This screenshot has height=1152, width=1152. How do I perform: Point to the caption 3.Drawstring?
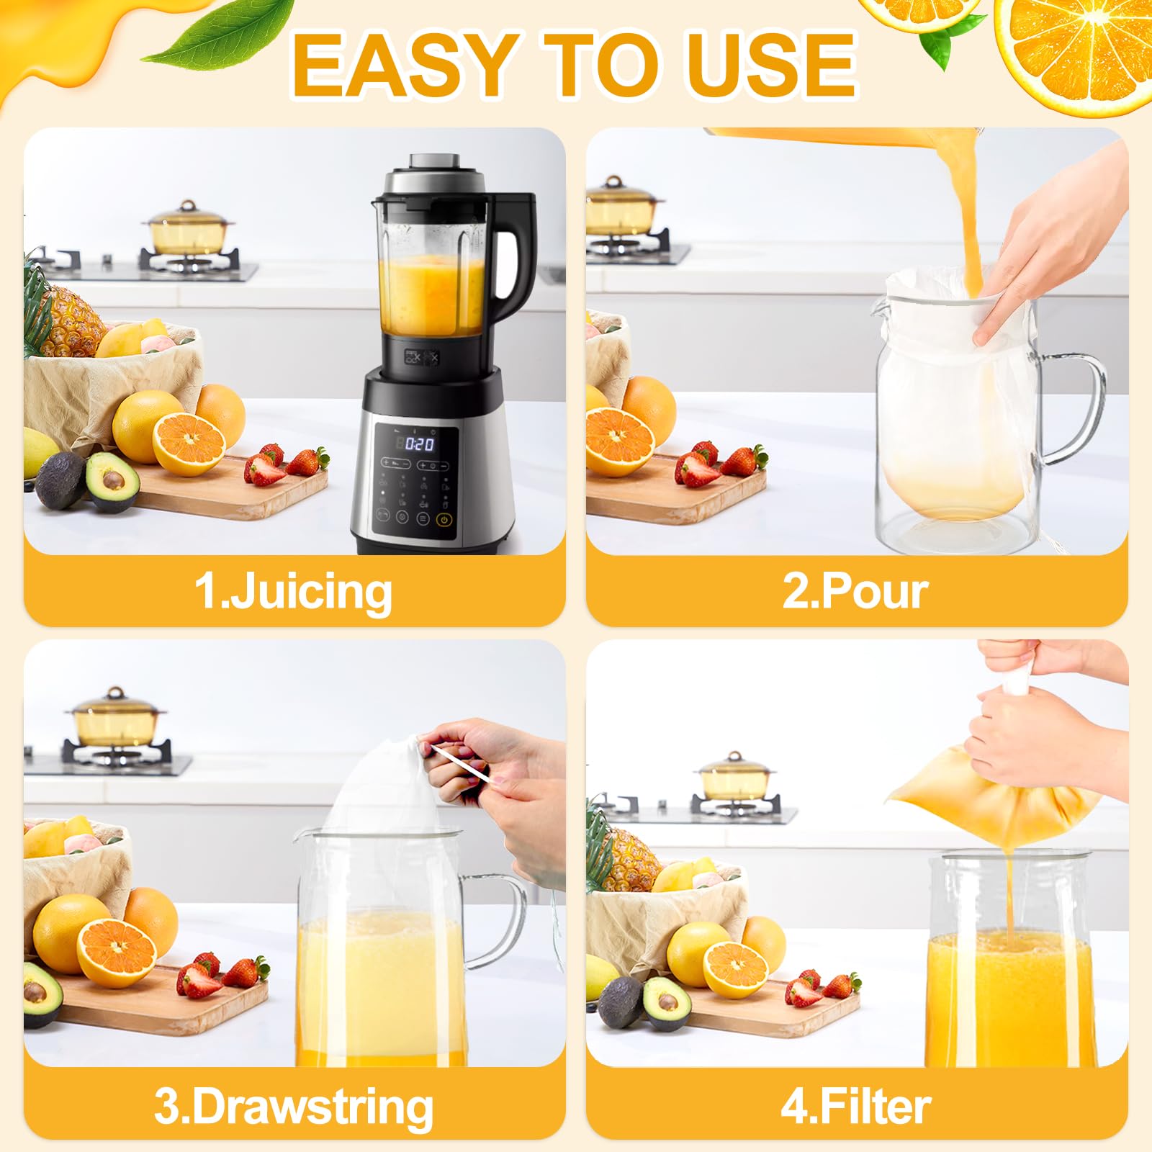point(294,1106)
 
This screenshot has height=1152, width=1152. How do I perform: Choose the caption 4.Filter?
point(855,1106)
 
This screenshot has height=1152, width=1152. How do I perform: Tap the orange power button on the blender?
point(444,518)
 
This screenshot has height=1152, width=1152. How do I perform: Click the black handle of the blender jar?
point(515,252)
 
